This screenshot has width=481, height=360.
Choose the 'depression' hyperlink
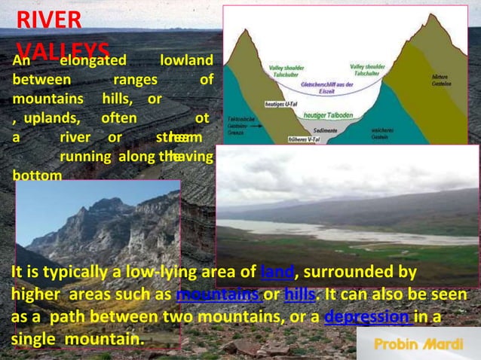tap(366, 317)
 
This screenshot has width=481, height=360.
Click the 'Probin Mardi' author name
tap(418, 343)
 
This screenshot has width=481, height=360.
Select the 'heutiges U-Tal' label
tap(280, 103)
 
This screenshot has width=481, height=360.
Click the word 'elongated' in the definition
tap(93, 60)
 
